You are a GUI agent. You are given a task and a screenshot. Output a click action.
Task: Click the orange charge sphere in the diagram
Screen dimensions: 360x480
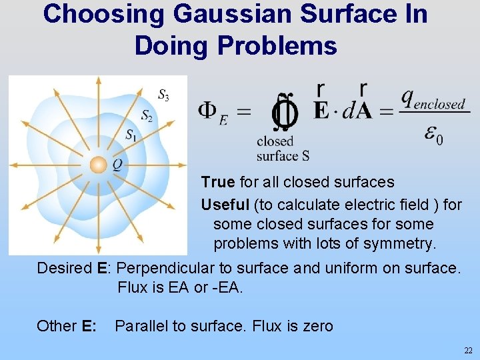click(98, 163)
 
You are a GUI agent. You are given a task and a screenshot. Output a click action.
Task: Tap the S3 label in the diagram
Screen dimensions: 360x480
click(163, 95)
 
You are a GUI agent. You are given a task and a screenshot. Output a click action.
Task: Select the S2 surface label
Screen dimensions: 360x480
click(147, 117)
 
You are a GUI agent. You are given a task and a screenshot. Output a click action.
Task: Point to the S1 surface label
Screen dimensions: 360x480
click(132, 135)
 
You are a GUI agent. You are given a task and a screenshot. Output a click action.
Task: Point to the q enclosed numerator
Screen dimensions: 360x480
click(433, 99)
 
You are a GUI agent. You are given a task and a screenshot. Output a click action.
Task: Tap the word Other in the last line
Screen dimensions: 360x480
click(56, 326)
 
